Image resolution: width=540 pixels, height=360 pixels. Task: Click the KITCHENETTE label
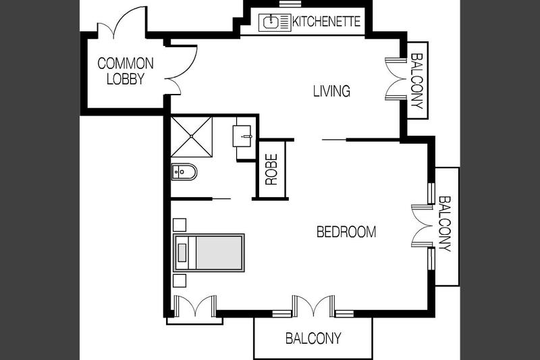click(326, 22)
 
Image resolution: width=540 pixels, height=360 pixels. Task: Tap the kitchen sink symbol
click(275, 23)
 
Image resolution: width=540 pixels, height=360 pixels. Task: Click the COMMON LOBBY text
click(126, 71)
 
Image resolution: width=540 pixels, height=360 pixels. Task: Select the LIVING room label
click(331, 91)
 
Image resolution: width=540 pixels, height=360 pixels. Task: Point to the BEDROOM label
click(346, 232)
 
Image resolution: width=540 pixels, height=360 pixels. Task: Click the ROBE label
click(271, 170)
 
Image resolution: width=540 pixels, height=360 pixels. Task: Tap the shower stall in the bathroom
click(192, 136)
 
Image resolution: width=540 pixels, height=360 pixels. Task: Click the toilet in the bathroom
click(184, 172)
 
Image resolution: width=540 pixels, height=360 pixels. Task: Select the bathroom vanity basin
click(243, 136)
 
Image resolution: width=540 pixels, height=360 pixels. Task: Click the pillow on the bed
click(182, 253)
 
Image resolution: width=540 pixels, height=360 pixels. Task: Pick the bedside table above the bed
click(180, 225)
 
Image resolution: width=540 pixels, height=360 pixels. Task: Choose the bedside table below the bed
click(180, 281)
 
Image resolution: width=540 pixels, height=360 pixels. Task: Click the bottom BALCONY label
click(313, 338)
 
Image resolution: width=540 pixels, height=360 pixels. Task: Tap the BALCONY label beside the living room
click(416, 81)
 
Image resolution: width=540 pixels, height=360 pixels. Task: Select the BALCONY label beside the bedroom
click(444, 224)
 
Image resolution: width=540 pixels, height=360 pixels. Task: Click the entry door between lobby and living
click(182, 69)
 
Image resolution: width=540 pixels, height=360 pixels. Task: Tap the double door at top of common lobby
click(122, 22)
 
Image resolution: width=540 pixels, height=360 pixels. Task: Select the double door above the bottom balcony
click(313, 305)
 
